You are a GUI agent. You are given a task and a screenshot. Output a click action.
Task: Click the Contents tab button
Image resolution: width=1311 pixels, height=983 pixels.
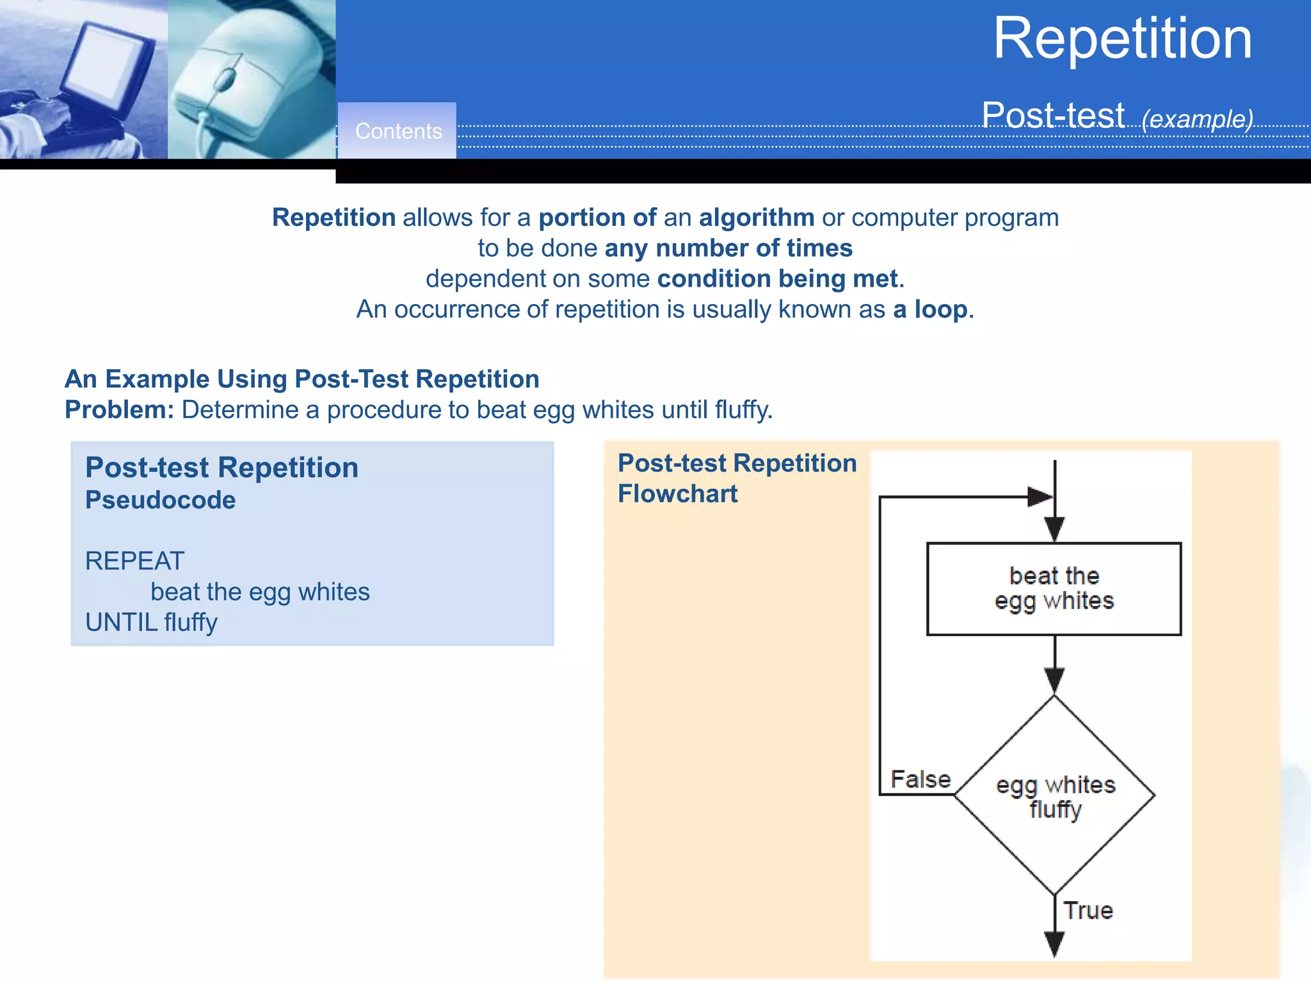pyautogui.click(x=398, y=131)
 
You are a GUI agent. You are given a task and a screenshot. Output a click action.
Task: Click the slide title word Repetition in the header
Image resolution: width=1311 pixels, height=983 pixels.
pyautogui.click(x=1122, y=40)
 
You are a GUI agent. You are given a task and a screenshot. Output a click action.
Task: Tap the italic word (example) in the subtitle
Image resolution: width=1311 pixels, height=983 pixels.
pyautogui.click(x=1197, y=119)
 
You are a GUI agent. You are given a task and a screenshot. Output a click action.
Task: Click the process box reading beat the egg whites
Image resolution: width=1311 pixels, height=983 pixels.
pyautogui.click(x=1054, y=589)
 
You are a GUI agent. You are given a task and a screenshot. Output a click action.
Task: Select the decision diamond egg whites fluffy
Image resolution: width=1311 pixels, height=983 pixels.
pyautogui.click(x=1055, y=795)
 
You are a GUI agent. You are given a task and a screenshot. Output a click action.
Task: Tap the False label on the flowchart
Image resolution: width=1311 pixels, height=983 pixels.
pyautogui.click(x=921, y=779)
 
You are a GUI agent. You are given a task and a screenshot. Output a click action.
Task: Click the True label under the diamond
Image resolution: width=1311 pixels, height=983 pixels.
pyautogui.click(x=1088, y=910)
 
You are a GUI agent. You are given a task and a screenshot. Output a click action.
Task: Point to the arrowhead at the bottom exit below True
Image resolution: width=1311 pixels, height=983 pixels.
pyautogui.click(x=1054, y=943)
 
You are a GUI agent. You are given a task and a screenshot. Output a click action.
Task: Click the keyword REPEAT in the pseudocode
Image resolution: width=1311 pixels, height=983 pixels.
pyautogui.click(x=134, y=561)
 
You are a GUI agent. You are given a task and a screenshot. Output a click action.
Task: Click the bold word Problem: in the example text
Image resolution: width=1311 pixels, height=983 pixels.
pyautogui.click(x=119, y=410)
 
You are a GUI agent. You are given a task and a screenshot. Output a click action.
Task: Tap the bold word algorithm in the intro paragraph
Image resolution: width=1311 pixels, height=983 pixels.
pyautogui.click(x=757, y=218)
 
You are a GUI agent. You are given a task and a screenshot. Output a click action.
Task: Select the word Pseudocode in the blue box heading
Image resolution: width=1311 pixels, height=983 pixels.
pyautogui.click(x=160, y=500)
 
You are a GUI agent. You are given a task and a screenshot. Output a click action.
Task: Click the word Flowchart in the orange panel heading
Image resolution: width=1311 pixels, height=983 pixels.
pyautogui.click(x=677, y=494)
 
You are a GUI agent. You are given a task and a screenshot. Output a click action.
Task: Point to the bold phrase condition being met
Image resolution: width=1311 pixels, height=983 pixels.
pyautogui.click(x=777, y=279)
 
